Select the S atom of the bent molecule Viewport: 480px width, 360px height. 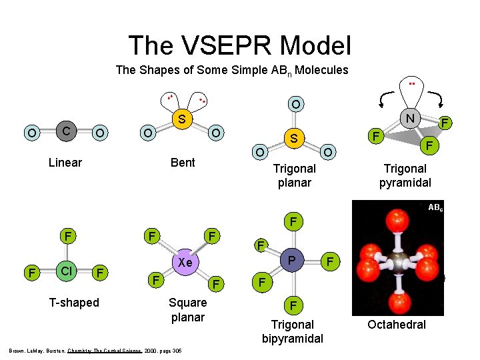(x=180, y=121)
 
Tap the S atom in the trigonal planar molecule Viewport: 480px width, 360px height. (x=293, y=138)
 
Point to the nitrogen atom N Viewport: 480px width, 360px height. (x=412, y=119)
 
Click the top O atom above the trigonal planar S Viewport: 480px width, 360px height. (x=294, y=104)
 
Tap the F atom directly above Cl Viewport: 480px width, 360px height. (x=67, y=236)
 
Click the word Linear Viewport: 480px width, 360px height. (x=65, y=163)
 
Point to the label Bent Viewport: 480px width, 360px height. (x=183, y=163)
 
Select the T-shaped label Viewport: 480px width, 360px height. (x=73, y=303)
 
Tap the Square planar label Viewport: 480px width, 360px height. (x=188, y=310)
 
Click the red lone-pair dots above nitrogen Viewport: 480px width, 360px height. (x=412, y=84)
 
